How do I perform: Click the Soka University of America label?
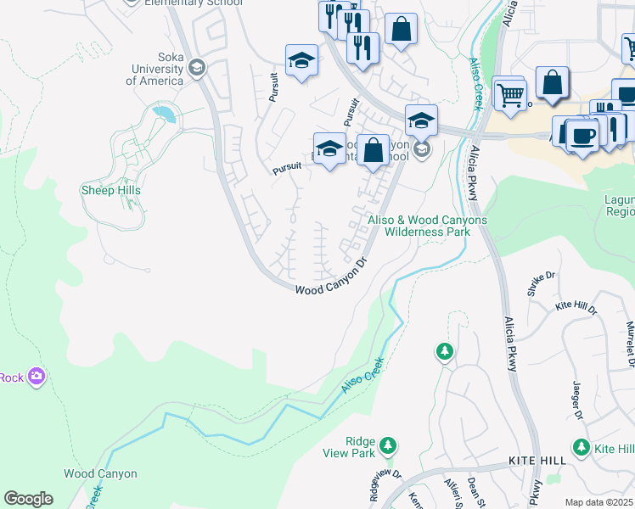click(x=155, y=75)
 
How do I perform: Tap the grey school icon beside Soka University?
click(x=197, y=67)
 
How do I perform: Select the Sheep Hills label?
click(x=110, y=190)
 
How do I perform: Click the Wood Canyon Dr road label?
click(x=334, y=277)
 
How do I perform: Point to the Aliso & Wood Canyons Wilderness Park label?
click(x=427, y=225)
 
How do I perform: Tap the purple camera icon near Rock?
click(x=36, y=376)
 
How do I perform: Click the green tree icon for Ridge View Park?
click(x=388, y=445)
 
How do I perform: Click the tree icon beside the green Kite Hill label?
click(x=582, y=446)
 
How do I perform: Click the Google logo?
click(x=28, y=499)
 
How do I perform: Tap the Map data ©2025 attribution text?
click(x=598, y=502)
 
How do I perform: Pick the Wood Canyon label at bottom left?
click(x=100, y=474)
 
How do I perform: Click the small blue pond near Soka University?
click(x=163, y=112)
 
